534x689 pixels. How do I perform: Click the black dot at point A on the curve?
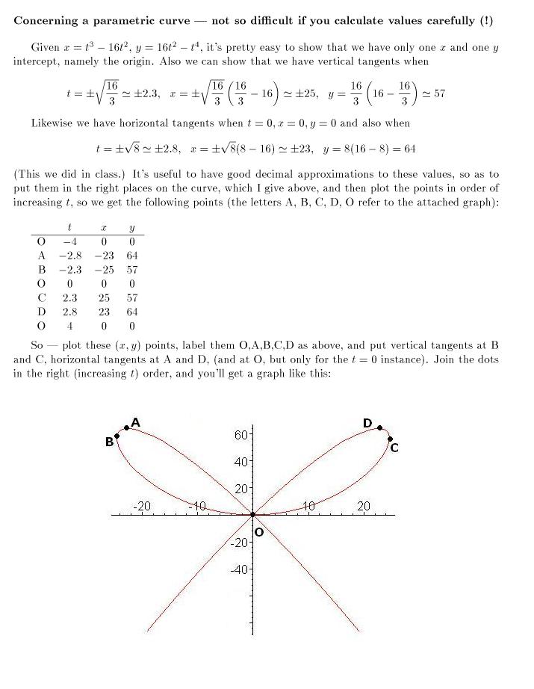point(127,428)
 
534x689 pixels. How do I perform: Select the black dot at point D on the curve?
point(379,428)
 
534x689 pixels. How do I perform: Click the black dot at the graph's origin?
point(252,514)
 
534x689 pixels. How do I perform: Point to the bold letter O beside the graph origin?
point(259,533)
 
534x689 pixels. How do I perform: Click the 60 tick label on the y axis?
point(242,434)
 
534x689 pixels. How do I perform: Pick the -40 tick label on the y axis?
point(240,569)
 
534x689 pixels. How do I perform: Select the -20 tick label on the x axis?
point(141,506)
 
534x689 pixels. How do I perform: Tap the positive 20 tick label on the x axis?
point(364,506)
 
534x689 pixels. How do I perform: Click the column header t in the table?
point(69,228)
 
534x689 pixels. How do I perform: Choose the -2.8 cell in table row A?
point(69,256)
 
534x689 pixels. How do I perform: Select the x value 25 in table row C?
point(105,297)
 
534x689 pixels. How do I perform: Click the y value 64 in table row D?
point(132,312)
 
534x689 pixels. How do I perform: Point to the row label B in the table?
point(42,270)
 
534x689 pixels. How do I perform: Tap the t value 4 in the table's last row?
point(70,326)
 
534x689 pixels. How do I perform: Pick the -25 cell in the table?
point(104,270)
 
